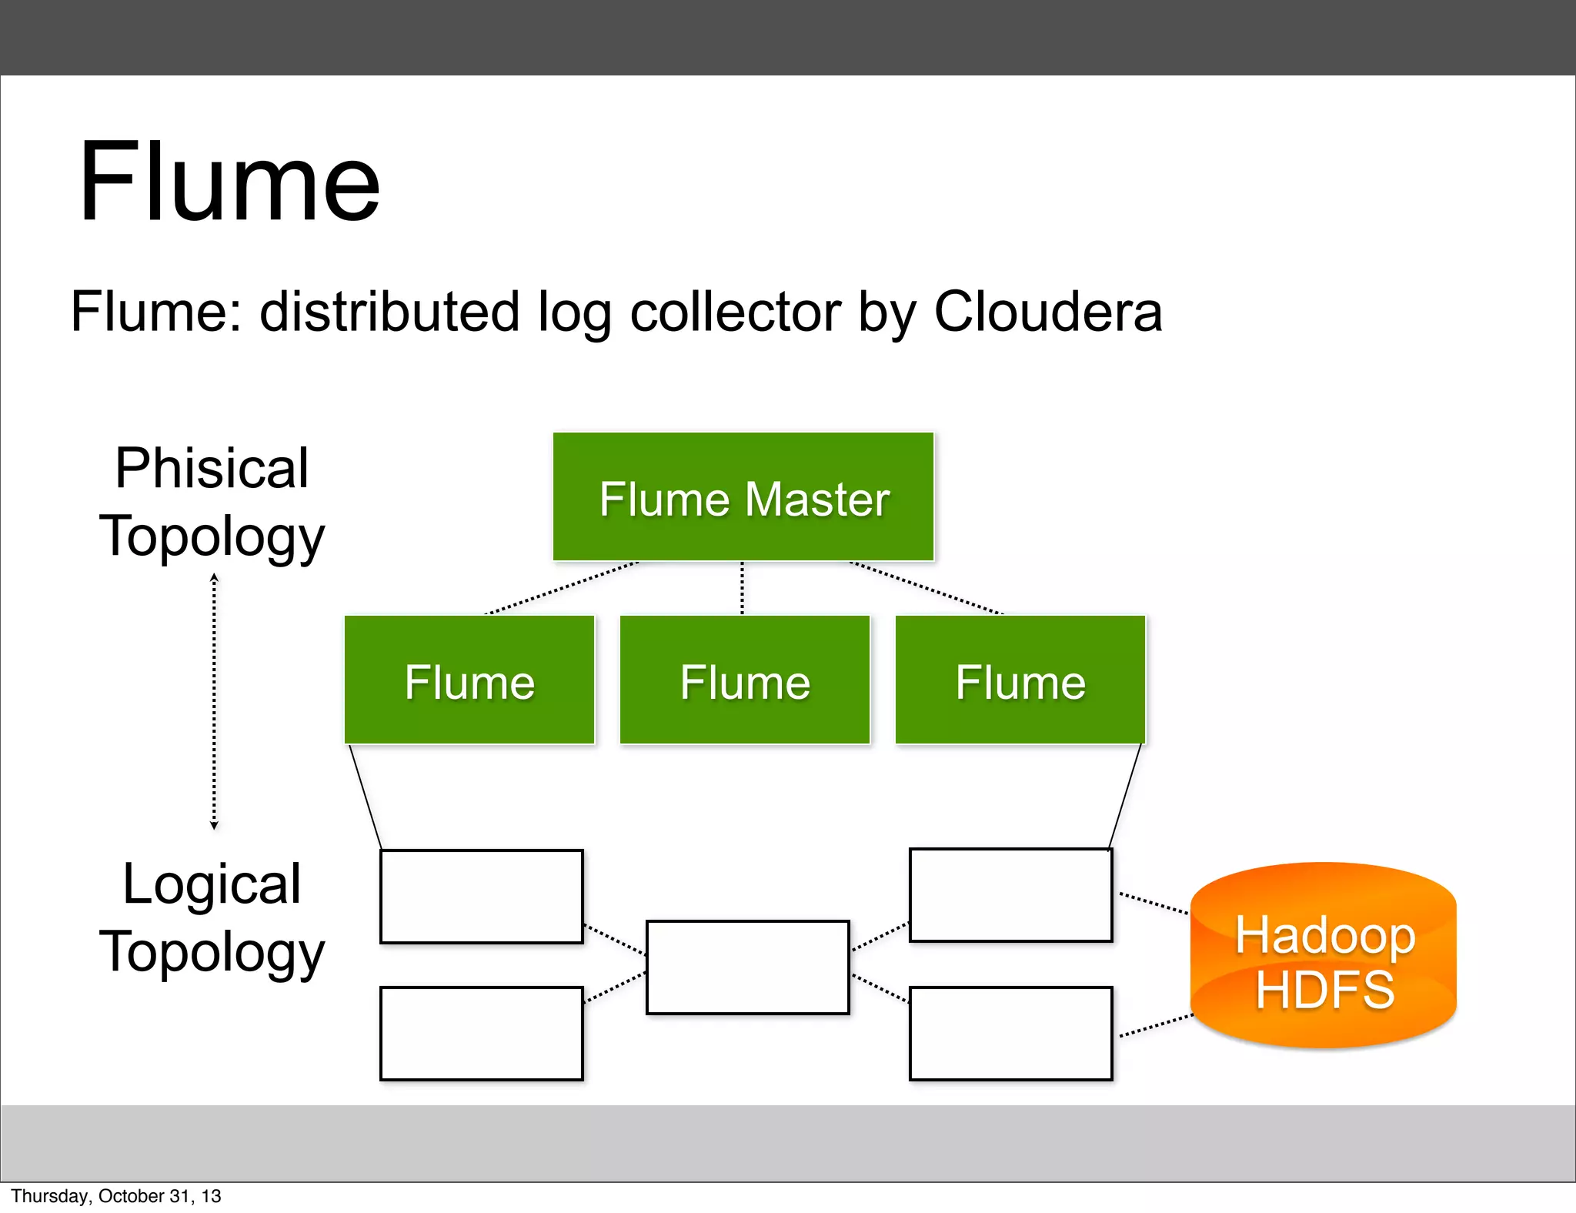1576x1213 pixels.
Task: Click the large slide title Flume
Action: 229,182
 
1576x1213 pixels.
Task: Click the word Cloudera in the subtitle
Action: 1047,312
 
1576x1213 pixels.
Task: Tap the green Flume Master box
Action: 743,497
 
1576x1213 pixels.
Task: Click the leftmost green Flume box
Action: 469,680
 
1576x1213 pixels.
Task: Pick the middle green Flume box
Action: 745,680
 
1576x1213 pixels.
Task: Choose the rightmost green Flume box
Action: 1020,680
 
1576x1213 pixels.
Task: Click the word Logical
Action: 212,884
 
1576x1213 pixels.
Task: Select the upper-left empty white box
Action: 482,896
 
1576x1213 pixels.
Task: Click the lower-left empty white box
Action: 482,1034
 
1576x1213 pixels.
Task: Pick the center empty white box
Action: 748,967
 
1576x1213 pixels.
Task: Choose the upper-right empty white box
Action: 1011,895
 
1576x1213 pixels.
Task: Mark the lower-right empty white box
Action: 1011,1034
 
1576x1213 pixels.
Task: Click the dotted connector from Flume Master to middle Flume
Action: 742,588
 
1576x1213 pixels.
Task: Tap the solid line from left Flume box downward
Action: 365,797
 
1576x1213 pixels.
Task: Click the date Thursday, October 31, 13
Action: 116,1196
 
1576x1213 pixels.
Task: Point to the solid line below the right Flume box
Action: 1125,797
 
